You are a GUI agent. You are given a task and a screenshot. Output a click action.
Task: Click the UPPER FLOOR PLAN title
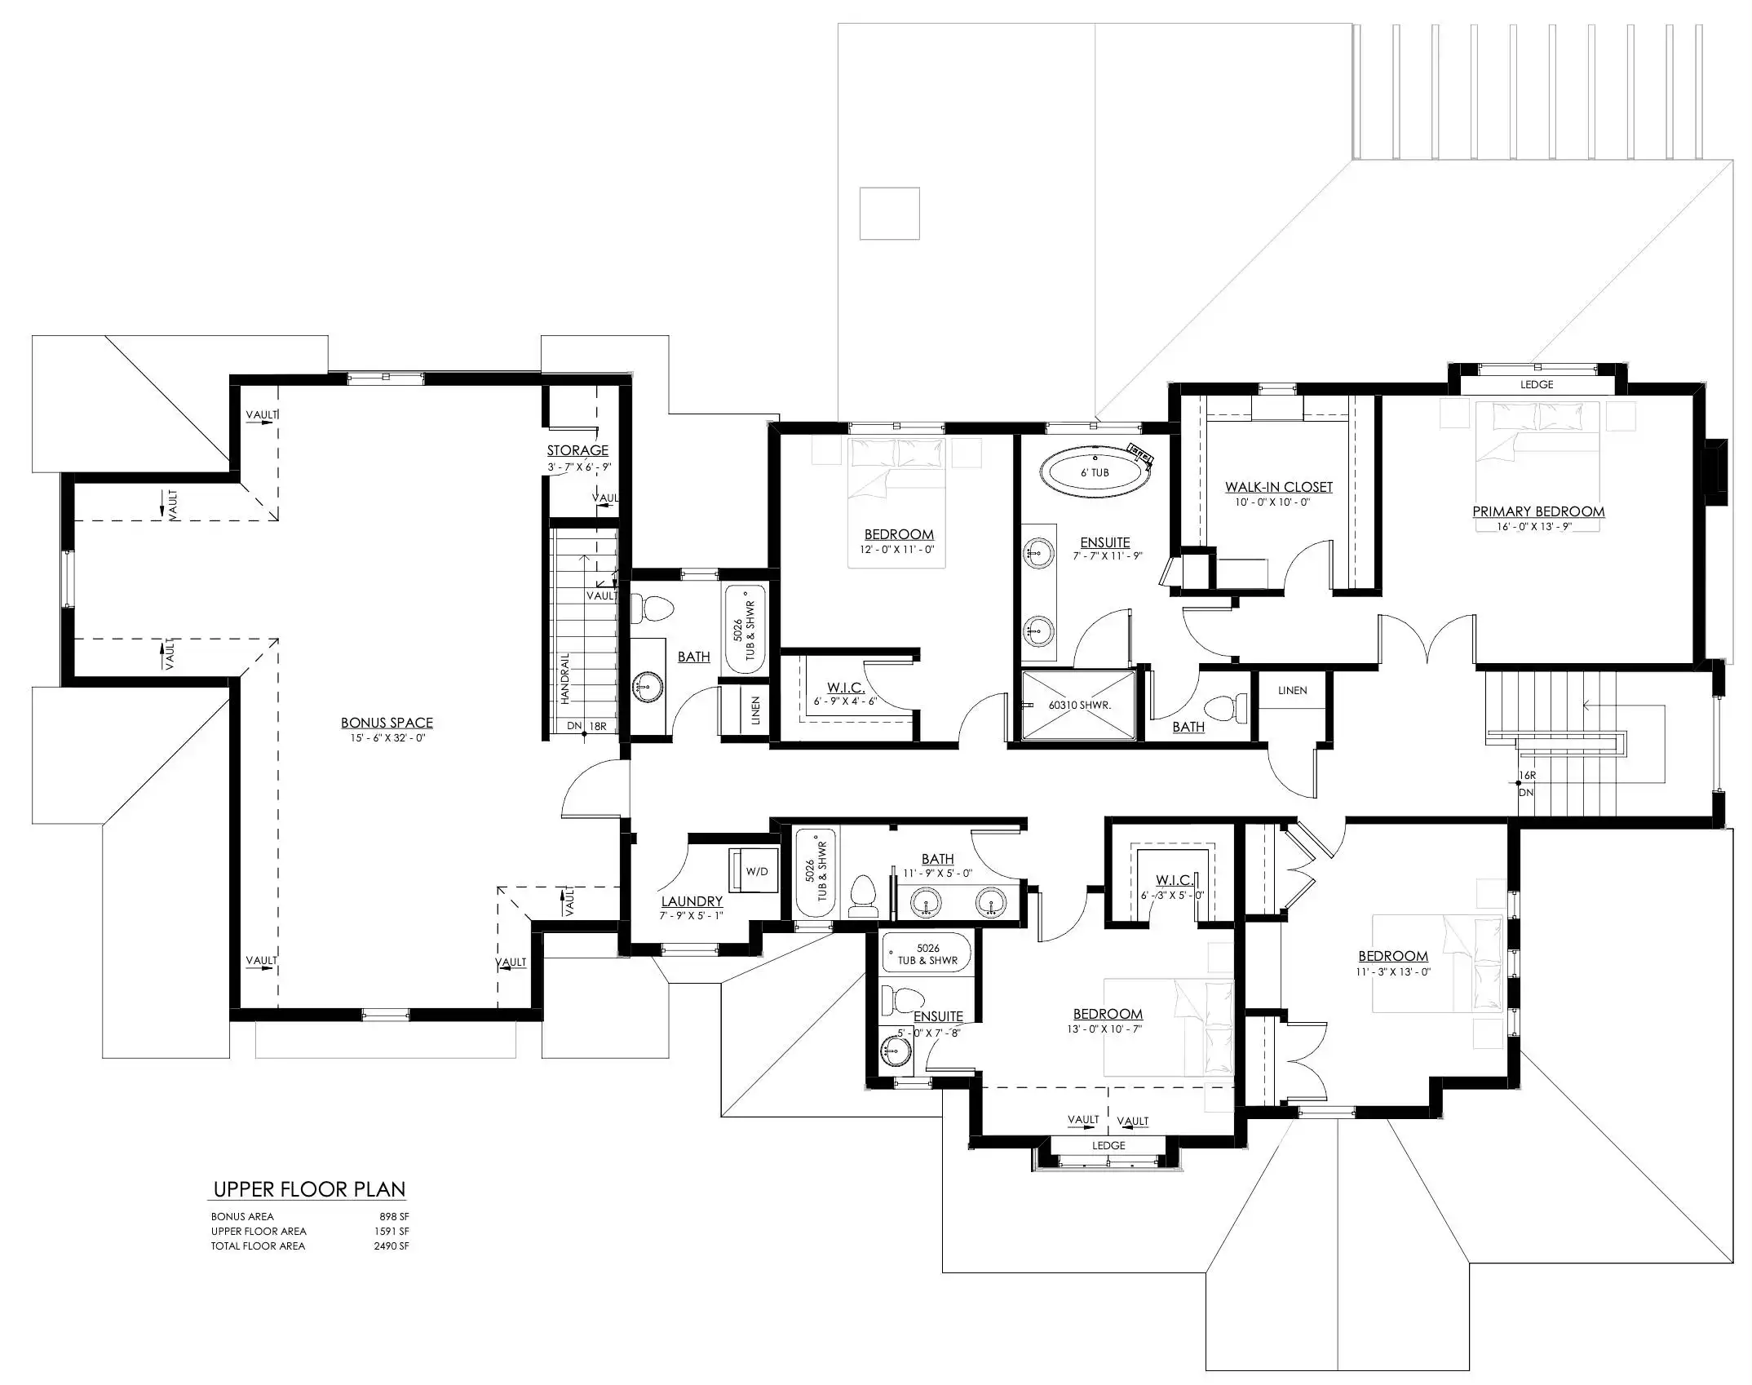tap(309, 1189)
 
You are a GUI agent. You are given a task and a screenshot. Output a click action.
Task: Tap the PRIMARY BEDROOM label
tap(1538, 511)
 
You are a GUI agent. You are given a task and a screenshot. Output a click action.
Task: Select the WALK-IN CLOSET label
tap(1278, 487)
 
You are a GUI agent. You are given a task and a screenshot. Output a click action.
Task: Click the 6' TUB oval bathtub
tap(1095, 472)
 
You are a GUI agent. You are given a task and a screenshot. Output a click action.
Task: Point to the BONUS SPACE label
tap(387, 723)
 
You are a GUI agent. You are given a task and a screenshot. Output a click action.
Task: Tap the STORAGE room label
tap(577, 450)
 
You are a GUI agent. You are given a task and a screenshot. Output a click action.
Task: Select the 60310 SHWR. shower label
tap(1080, 705)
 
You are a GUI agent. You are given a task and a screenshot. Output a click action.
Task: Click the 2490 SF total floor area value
tap(392, 1246)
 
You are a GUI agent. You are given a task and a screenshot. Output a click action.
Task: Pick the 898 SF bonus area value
tap(394, 1216)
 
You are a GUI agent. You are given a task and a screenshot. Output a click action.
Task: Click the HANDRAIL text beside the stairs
tap(564, 679)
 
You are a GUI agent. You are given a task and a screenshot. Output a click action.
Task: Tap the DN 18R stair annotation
tap(586, 726)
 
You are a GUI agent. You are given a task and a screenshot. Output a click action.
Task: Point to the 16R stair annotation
tap(1527, 776)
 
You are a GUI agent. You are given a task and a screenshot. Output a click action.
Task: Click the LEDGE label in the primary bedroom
tap(1537, 384)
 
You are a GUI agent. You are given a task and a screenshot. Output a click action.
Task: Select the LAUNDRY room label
tap(692, 901)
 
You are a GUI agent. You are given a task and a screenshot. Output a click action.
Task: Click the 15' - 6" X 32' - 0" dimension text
tap(387, 738)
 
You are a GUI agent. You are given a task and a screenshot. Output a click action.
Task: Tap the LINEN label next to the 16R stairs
tap(1292, 690)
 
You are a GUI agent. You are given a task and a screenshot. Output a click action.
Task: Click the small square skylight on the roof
tap(890, 214)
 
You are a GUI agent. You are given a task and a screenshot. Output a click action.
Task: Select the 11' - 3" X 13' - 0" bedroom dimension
tap(1393, 971)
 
